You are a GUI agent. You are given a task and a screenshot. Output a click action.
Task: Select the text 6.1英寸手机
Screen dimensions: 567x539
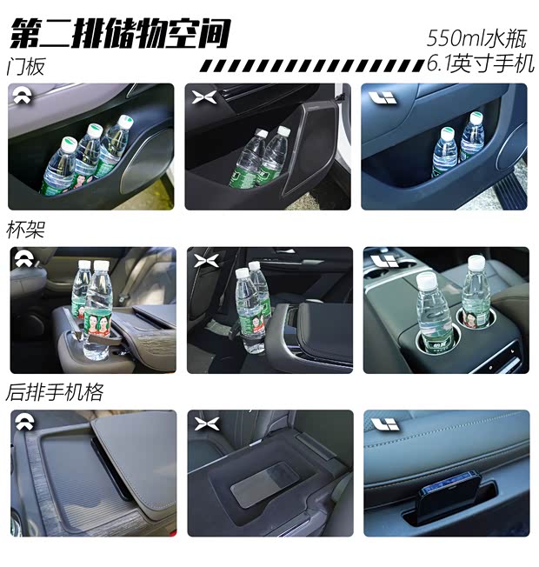click(480, 63)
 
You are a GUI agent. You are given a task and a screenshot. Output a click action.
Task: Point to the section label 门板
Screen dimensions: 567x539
click(26, 67)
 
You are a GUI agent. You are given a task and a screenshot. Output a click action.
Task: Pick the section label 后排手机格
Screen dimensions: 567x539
click(55, 393)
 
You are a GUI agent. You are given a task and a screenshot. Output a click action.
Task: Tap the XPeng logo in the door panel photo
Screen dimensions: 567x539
click(203, 97)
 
